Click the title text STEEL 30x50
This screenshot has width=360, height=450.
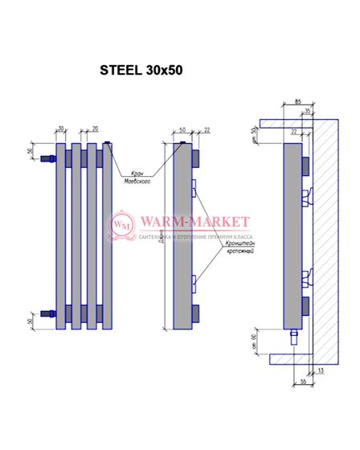click(141, 70)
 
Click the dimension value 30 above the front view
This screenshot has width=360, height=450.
click(60, 127)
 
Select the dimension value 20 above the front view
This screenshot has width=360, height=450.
click(95, 127)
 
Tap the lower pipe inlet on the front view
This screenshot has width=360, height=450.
click(47, 314)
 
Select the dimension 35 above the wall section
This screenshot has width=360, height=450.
click(307, 112)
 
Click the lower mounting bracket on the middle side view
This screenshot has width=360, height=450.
click(195, 281)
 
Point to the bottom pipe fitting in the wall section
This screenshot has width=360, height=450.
click(294, 332)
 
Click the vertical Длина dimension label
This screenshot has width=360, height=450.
click(164, 237)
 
